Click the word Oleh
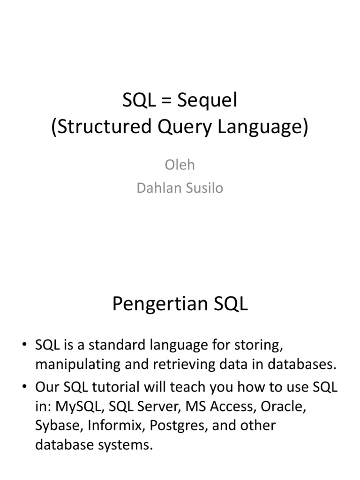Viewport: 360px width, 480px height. [x=180, y=165]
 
